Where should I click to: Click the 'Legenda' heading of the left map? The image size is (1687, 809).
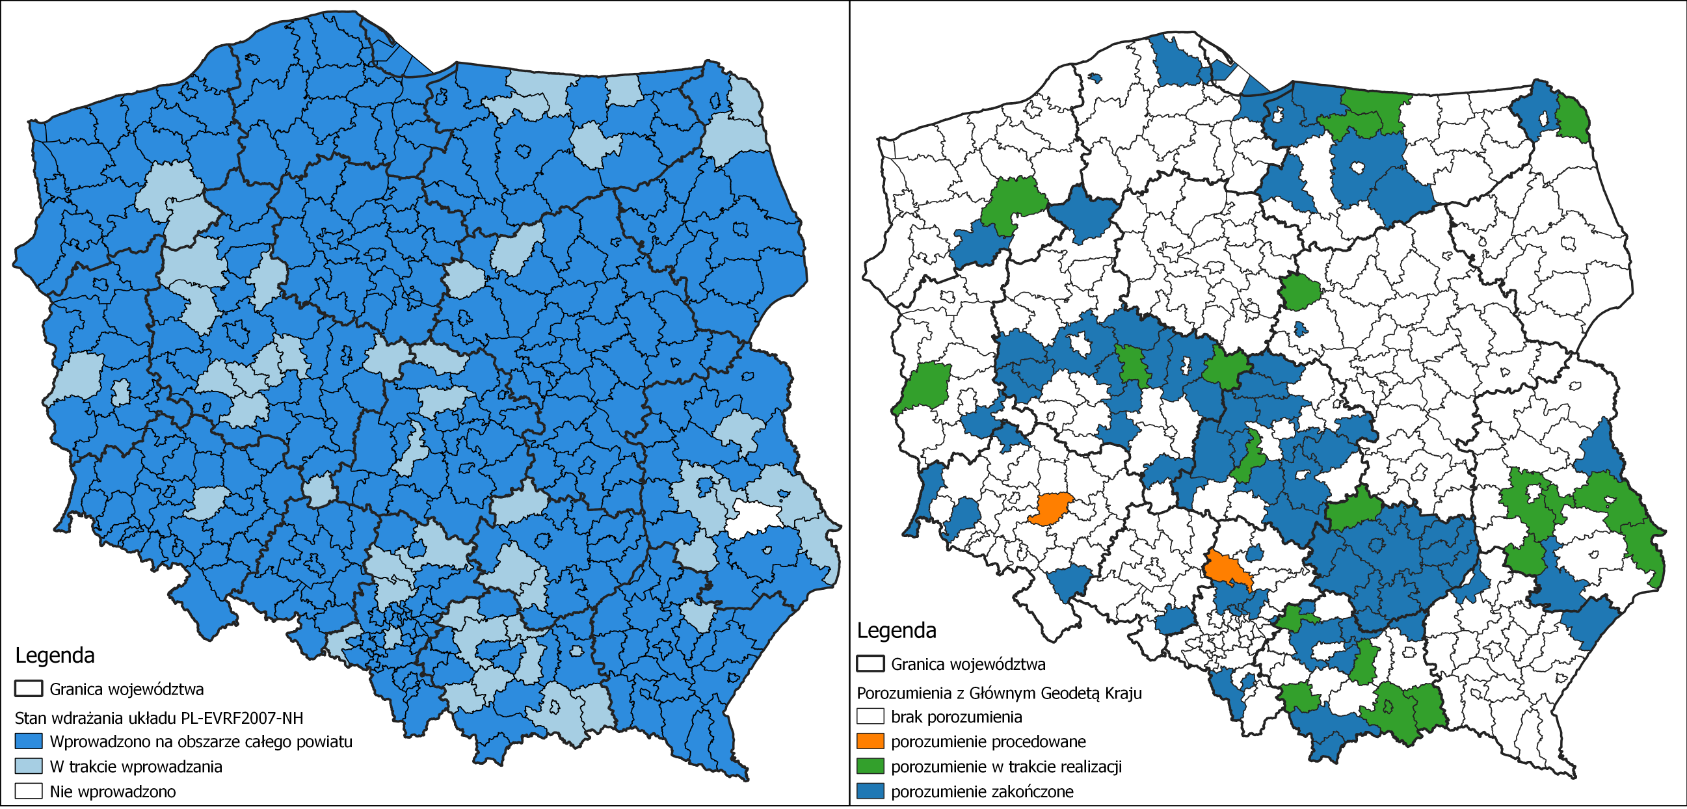[55, 655]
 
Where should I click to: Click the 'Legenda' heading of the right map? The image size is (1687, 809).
[897, 630]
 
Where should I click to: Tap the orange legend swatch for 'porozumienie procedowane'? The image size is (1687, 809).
[870, 741]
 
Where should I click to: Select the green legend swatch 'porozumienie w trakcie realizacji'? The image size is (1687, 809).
[870, 766]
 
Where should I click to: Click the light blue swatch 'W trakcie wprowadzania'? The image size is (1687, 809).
[29, 766]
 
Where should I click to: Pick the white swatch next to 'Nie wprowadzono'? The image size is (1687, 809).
[29, 791]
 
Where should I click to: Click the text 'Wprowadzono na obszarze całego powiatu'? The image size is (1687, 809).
[200, 741]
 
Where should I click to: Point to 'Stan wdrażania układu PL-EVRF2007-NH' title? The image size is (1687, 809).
[159, 718]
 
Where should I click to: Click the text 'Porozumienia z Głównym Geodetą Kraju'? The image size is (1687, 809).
[1000, 693]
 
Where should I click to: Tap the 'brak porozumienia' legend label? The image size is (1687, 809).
[956, 717]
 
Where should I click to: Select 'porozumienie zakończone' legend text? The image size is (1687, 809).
[981, 791]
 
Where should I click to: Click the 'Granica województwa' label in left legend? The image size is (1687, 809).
[126, 689]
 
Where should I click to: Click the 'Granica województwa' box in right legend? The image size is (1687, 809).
[870, 663]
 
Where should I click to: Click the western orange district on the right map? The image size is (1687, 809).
[1050, 508]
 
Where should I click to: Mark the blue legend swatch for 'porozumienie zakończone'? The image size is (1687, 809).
[870, 791]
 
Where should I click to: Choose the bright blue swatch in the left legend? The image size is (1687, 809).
[29, 741]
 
